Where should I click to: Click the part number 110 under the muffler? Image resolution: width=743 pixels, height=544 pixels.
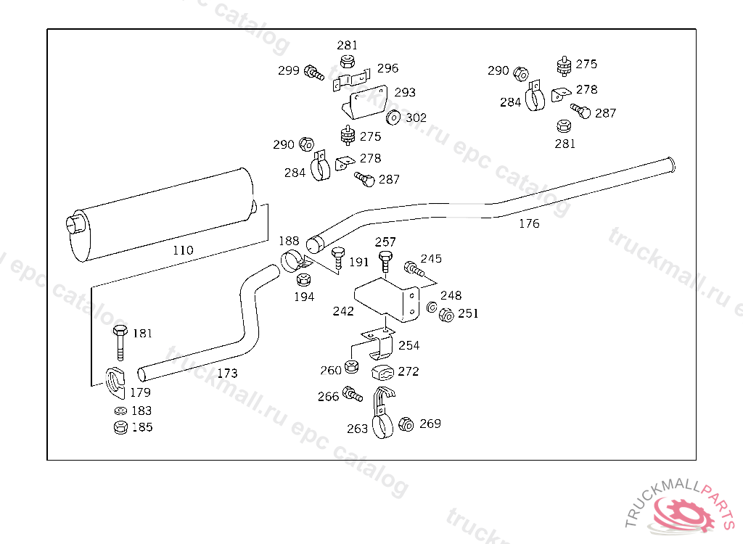pos(183,250)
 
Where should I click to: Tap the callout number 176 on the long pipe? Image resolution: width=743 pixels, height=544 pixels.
pos(529,223)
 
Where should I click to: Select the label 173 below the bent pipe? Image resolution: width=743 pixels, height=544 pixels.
pos(227,374)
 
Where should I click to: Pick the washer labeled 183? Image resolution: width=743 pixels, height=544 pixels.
pos(120,411)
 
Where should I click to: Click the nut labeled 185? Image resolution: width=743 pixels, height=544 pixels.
pos(120,427)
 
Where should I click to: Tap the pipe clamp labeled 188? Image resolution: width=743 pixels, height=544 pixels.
pos(293,258)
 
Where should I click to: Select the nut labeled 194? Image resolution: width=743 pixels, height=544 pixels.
pos(304,279)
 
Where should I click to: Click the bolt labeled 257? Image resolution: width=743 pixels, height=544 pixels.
pos(385,259)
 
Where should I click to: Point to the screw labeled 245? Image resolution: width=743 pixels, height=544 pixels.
pos(414,269)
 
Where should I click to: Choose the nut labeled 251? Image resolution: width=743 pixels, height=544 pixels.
pos(446,314)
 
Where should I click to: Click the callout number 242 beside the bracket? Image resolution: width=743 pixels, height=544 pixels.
pos(343,311)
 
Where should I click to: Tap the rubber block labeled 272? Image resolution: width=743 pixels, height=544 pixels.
pos(382,373)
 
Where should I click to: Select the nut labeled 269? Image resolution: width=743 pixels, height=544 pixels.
pos(406,424)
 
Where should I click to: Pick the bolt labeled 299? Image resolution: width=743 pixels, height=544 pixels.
pos(313,72)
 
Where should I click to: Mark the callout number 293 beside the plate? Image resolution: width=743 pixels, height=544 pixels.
pos(405,92)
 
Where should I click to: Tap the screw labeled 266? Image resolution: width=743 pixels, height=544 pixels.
pos(352,395)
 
